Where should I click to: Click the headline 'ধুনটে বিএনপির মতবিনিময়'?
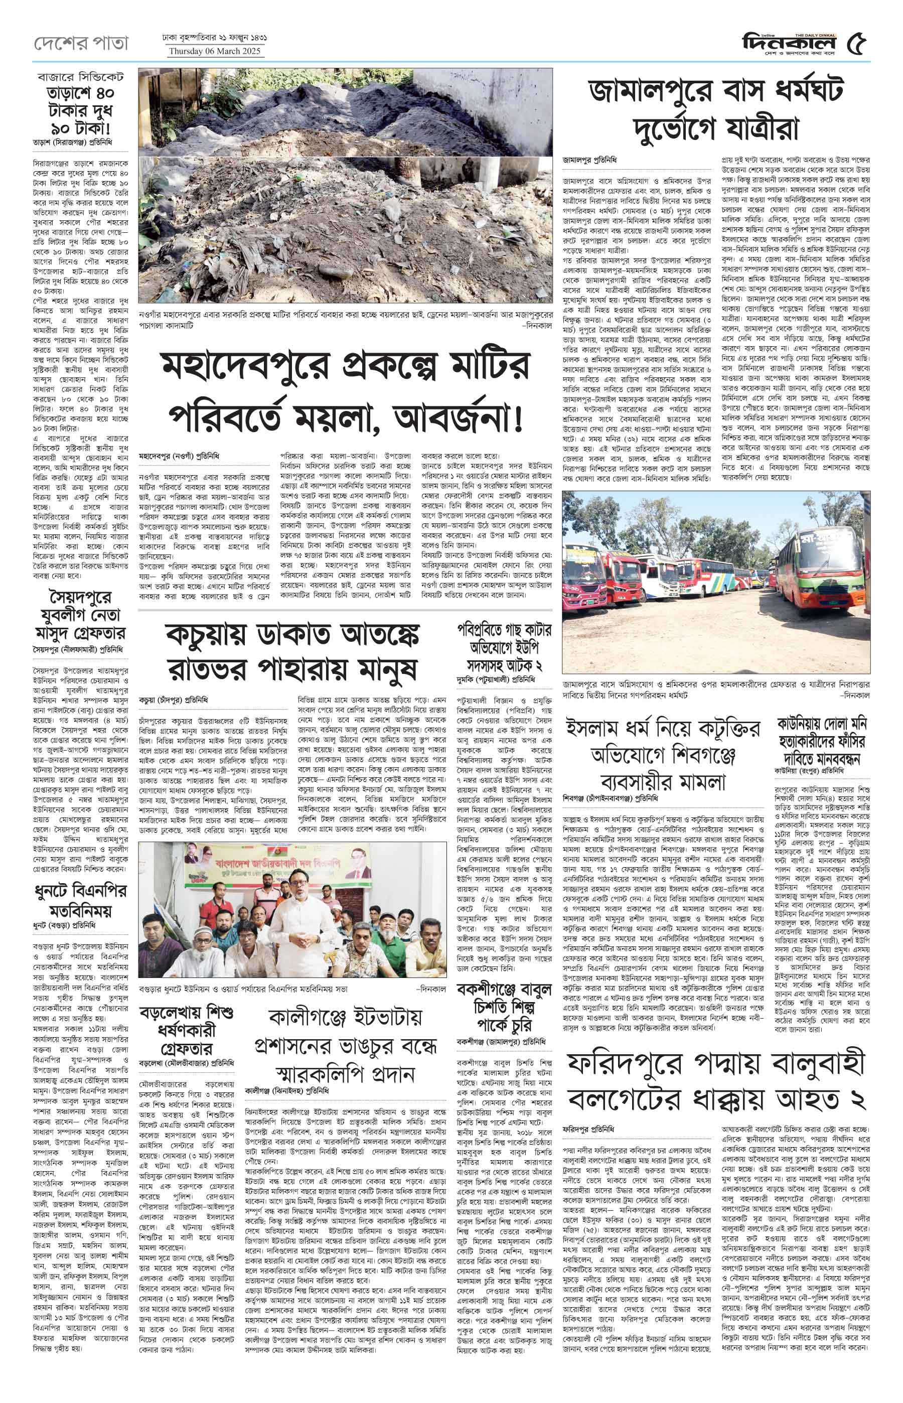click(x=80, y=900)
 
